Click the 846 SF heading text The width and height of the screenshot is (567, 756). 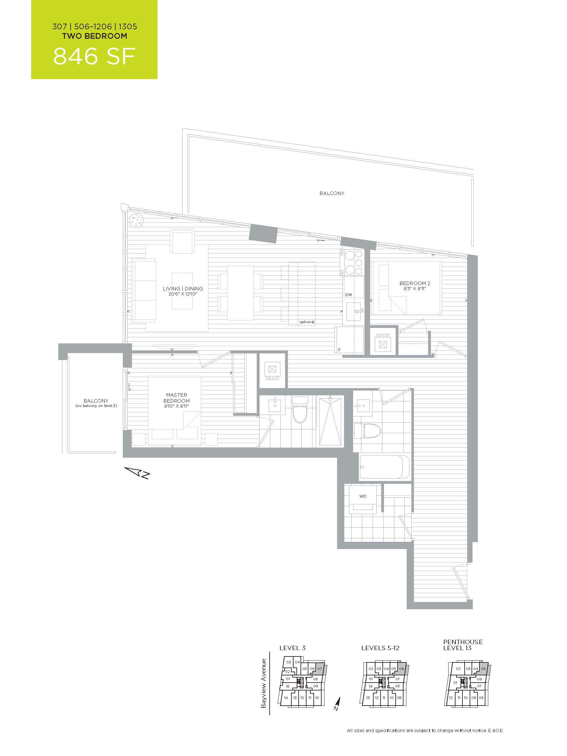coord(94,56)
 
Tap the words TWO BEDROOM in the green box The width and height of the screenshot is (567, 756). coord(95,36)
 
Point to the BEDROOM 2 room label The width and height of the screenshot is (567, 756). coord(415,283)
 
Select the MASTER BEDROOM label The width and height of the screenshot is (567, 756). coord(176,398)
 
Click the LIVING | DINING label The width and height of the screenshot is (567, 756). coord(183,289)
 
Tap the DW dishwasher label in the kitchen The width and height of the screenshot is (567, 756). coord(348,295)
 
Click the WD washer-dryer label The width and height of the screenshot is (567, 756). coord(363,496)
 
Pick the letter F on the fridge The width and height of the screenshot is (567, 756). coord(339,350)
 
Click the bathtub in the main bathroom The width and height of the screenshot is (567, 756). coord(384,467)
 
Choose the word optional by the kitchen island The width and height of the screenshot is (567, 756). coord(306,322)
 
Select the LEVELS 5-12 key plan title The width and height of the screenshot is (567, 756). coord(380,648)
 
